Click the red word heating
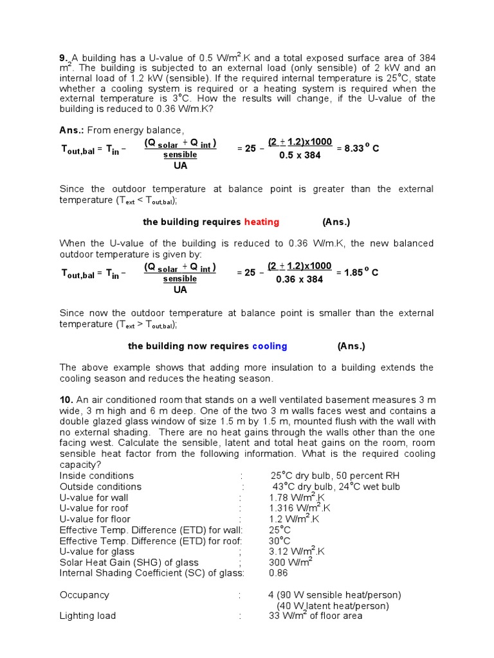coord(261,222)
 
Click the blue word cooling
coord(270,346)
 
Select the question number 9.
coord(64,57)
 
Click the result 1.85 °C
coord(358,272)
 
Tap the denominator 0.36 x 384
coord(299,279)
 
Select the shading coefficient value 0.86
coord(279,573)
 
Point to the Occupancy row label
coord(84,595)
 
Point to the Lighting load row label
coord(87,616)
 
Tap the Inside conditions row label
coord(96,476)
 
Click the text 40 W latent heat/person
coord(333,606)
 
